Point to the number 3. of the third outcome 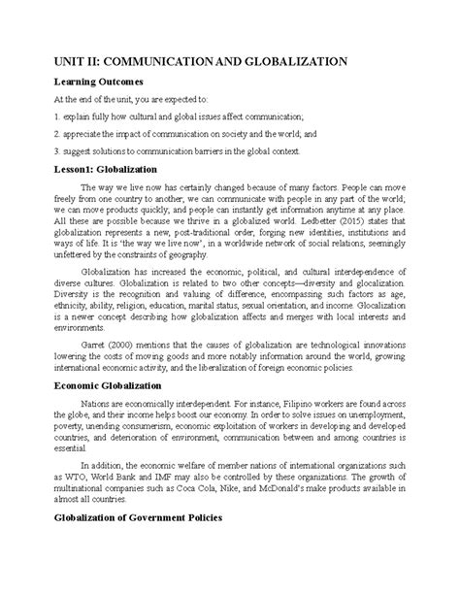click(x=58, y=152)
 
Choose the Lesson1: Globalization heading click(x=112, y=171)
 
